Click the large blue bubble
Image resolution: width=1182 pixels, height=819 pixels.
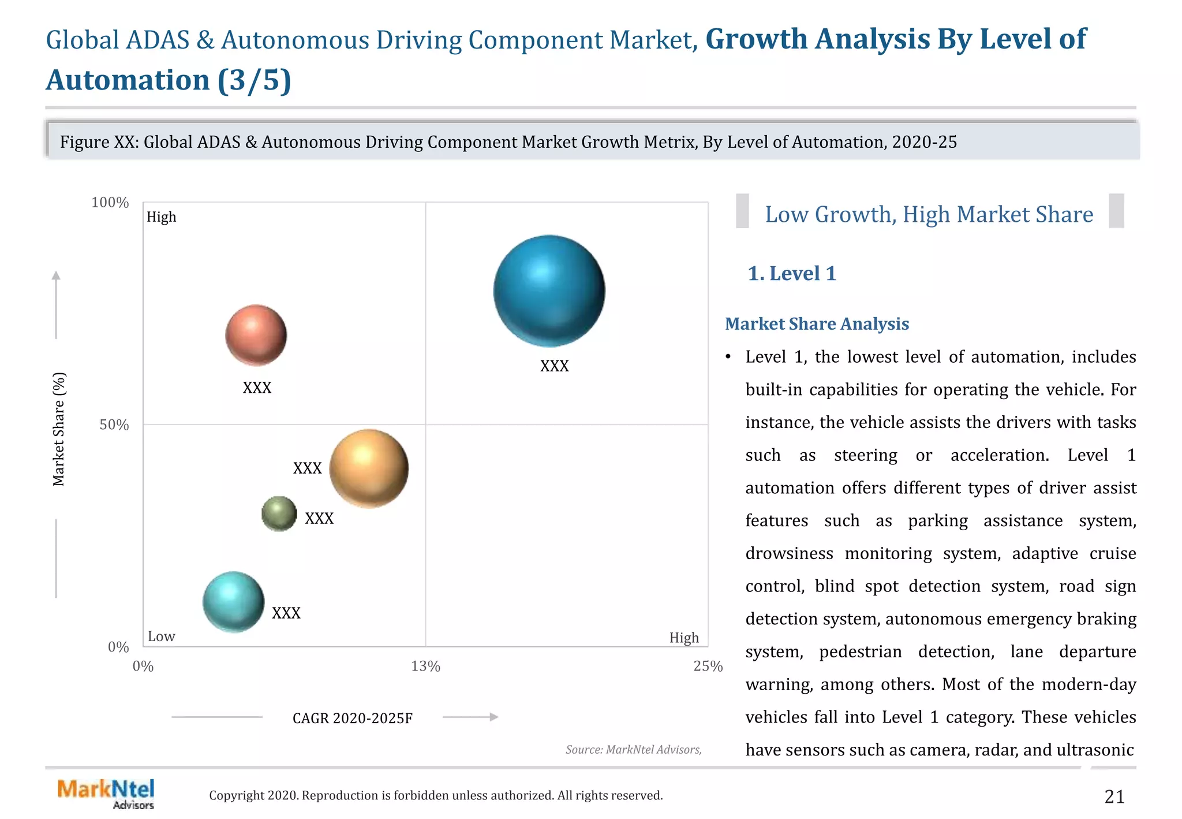tap(549, 291)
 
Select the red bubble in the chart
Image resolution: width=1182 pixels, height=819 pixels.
tap(256, 335)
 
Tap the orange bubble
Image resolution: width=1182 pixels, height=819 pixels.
tap(369, 468)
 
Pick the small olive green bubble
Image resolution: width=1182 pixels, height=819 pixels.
tap(279, 513)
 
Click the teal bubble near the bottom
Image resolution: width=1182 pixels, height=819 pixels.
tap(233, 602)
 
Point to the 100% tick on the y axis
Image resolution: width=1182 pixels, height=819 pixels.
tap(110, 203)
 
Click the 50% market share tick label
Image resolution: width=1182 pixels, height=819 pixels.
tap(114, 425)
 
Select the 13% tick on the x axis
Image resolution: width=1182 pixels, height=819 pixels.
tap(425, 667)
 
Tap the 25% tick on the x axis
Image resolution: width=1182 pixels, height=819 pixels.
tap(708, 667)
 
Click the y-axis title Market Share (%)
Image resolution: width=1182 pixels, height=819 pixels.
tap(59, 429)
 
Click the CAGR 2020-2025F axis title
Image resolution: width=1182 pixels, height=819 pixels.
tap(352, 718)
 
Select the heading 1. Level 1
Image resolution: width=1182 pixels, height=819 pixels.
tap(791, 273)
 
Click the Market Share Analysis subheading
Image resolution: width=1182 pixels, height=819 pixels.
tap(816, 324)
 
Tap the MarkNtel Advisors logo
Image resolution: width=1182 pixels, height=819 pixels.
tap(106, 794)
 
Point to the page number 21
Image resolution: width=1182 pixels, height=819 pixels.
tap(1114, 797)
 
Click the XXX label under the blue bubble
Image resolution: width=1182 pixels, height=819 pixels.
tap(554, 366)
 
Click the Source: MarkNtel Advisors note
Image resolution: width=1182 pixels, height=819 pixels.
tap(633, 750)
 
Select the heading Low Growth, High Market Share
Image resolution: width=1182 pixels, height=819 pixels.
tap(929, 214)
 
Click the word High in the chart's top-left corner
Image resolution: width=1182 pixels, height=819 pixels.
tap(161, 217)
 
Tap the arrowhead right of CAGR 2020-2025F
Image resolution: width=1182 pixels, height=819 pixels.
tap(493, 717)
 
